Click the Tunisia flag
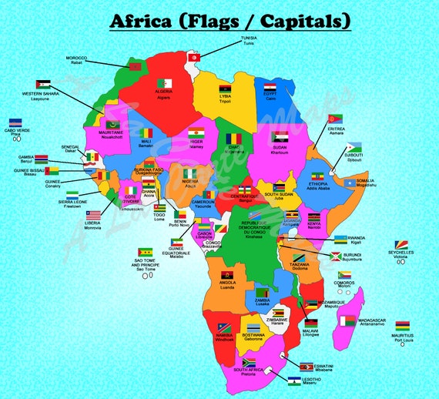196,56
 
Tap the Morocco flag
136,67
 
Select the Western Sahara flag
43,84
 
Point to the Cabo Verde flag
15,122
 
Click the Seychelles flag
400,244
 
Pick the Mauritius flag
402,326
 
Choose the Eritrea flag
335,119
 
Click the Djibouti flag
354,147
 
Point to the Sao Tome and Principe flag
144,252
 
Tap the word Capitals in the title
307,20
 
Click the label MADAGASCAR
372,320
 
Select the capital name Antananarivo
373,325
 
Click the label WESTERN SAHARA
39,94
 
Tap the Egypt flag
270,88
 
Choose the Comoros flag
343,274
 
